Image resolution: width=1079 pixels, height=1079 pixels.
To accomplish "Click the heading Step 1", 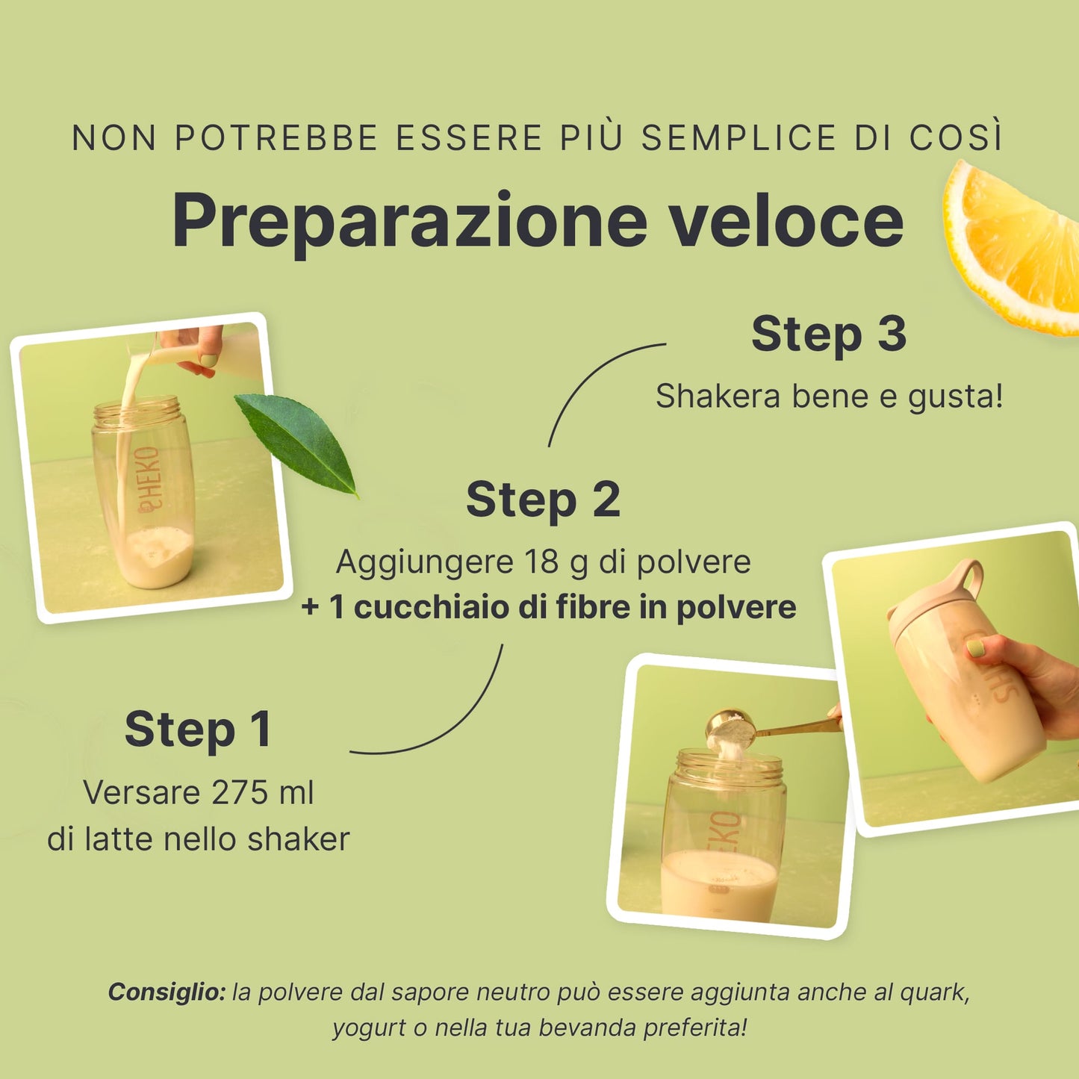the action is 198,730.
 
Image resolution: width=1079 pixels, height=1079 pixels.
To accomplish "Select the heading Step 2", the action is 543,500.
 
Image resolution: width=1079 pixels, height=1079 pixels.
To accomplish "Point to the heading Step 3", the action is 828,335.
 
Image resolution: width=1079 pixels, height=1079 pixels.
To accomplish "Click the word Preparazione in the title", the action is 409,223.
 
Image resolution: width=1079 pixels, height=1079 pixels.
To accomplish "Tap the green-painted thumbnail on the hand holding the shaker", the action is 975,649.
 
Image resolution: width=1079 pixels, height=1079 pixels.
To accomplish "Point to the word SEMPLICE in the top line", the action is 738,137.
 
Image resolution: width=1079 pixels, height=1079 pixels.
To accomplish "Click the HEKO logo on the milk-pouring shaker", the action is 149,479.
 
